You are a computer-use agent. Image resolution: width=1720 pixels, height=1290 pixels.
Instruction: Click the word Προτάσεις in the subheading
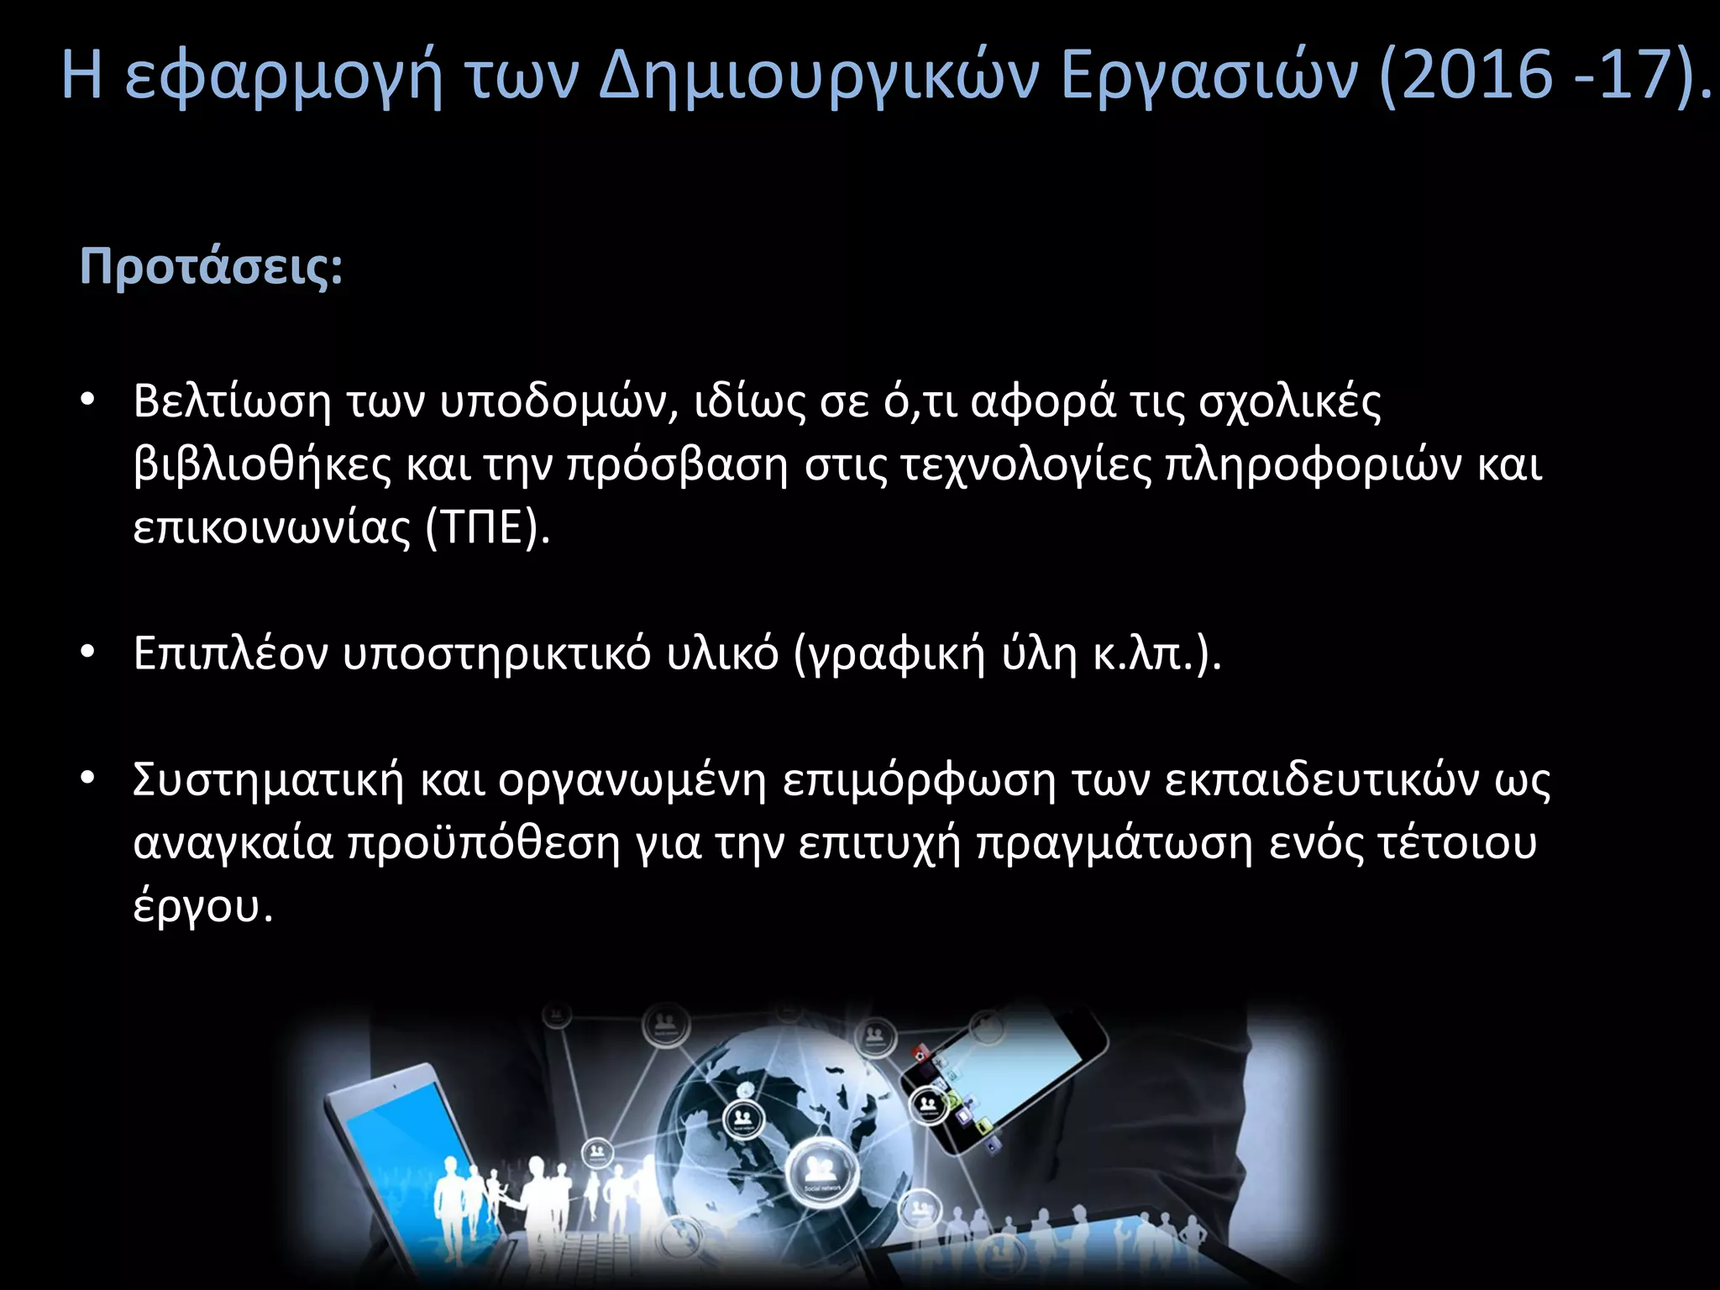point(211,268)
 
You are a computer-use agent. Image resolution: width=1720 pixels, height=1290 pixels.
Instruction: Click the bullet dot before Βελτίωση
point(87,401)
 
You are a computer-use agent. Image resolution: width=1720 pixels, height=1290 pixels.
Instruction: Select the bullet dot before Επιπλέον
point(87,653)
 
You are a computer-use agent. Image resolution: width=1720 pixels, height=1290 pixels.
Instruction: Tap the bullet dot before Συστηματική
point(87,779)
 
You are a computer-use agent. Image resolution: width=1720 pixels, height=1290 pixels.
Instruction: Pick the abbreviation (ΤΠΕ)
point(488,528)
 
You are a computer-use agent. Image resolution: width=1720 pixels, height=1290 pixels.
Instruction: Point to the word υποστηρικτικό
point(496,655)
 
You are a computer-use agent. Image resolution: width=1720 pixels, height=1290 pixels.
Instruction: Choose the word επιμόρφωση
point(919,781)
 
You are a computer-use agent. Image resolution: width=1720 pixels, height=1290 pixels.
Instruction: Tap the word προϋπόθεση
point(484,844)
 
